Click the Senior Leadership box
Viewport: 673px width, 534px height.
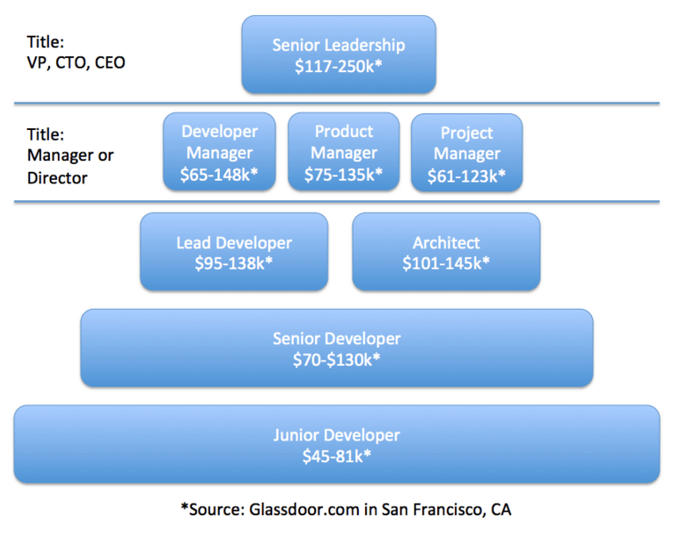point(338,54)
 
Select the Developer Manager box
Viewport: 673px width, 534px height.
point(219,151)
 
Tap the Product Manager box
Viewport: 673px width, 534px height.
point(344,151)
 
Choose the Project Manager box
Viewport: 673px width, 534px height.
point(467,152)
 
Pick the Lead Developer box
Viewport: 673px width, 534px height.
point(234,252)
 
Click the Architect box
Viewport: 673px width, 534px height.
point(446,252)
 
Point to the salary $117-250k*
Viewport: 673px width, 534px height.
point(338,66)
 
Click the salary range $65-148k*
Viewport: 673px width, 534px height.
point(219,174)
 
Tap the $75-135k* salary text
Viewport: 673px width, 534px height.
point(344,174)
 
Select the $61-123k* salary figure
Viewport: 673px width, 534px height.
point(466,176)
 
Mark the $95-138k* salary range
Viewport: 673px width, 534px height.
point(234,263)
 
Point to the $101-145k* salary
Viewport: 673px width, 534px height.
point(446,263)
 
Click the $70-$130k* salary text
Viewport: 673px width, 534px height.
point(336,360)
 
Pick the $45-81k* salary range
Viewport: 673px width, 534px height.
point(336,456)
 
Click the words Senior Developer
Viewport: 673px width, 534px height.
point(336,339)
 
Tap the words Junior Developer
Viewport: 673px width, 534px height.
point(336,435)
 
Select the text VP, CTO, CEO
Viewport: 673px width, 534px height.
point(76,62)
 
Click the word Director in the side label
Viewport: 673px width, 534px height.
point(57,178)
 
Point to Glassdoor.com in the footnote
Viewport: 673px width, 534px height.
point(304,510)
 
